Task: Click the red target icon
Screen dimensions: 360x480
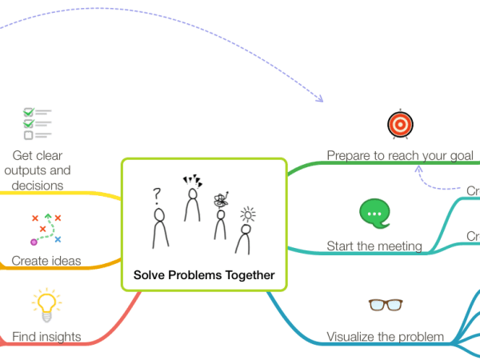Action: (x=399, y=124)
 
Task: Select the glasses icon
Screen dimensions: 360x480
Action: (x=385, y=304)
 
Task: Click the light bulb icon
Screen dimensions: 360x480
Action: (x=46, y=304)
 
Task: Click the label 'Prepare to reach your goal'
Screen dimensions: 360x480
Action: (x=400, y=154)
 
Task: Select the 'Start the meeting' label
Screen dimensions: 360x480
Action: (x=374, y=246)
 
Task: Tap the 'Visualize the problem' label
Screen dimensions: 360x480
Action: (x=385, y=337)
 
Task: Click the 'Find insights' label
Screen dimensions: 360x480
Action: (x=46, y=337)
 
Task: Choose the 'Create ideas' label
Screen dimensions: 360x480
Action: (x=46, y=260)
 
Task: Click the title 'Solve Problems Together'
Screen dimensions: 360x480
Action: (x=204, y=275)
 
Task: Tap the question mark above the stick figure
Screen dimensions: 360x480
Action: (x=158, y=194)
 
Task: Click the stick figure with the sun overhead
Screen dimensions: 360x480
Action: (x=246, y=237)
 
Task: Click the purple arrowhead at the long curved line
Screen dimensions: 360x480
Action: (x=319, y=99)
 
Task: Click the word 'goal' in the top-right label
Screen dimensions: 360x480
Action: (x=462, y=154)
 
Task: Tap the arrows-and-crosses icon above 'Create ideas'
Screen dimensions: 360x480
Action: (x=46, y=228)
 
